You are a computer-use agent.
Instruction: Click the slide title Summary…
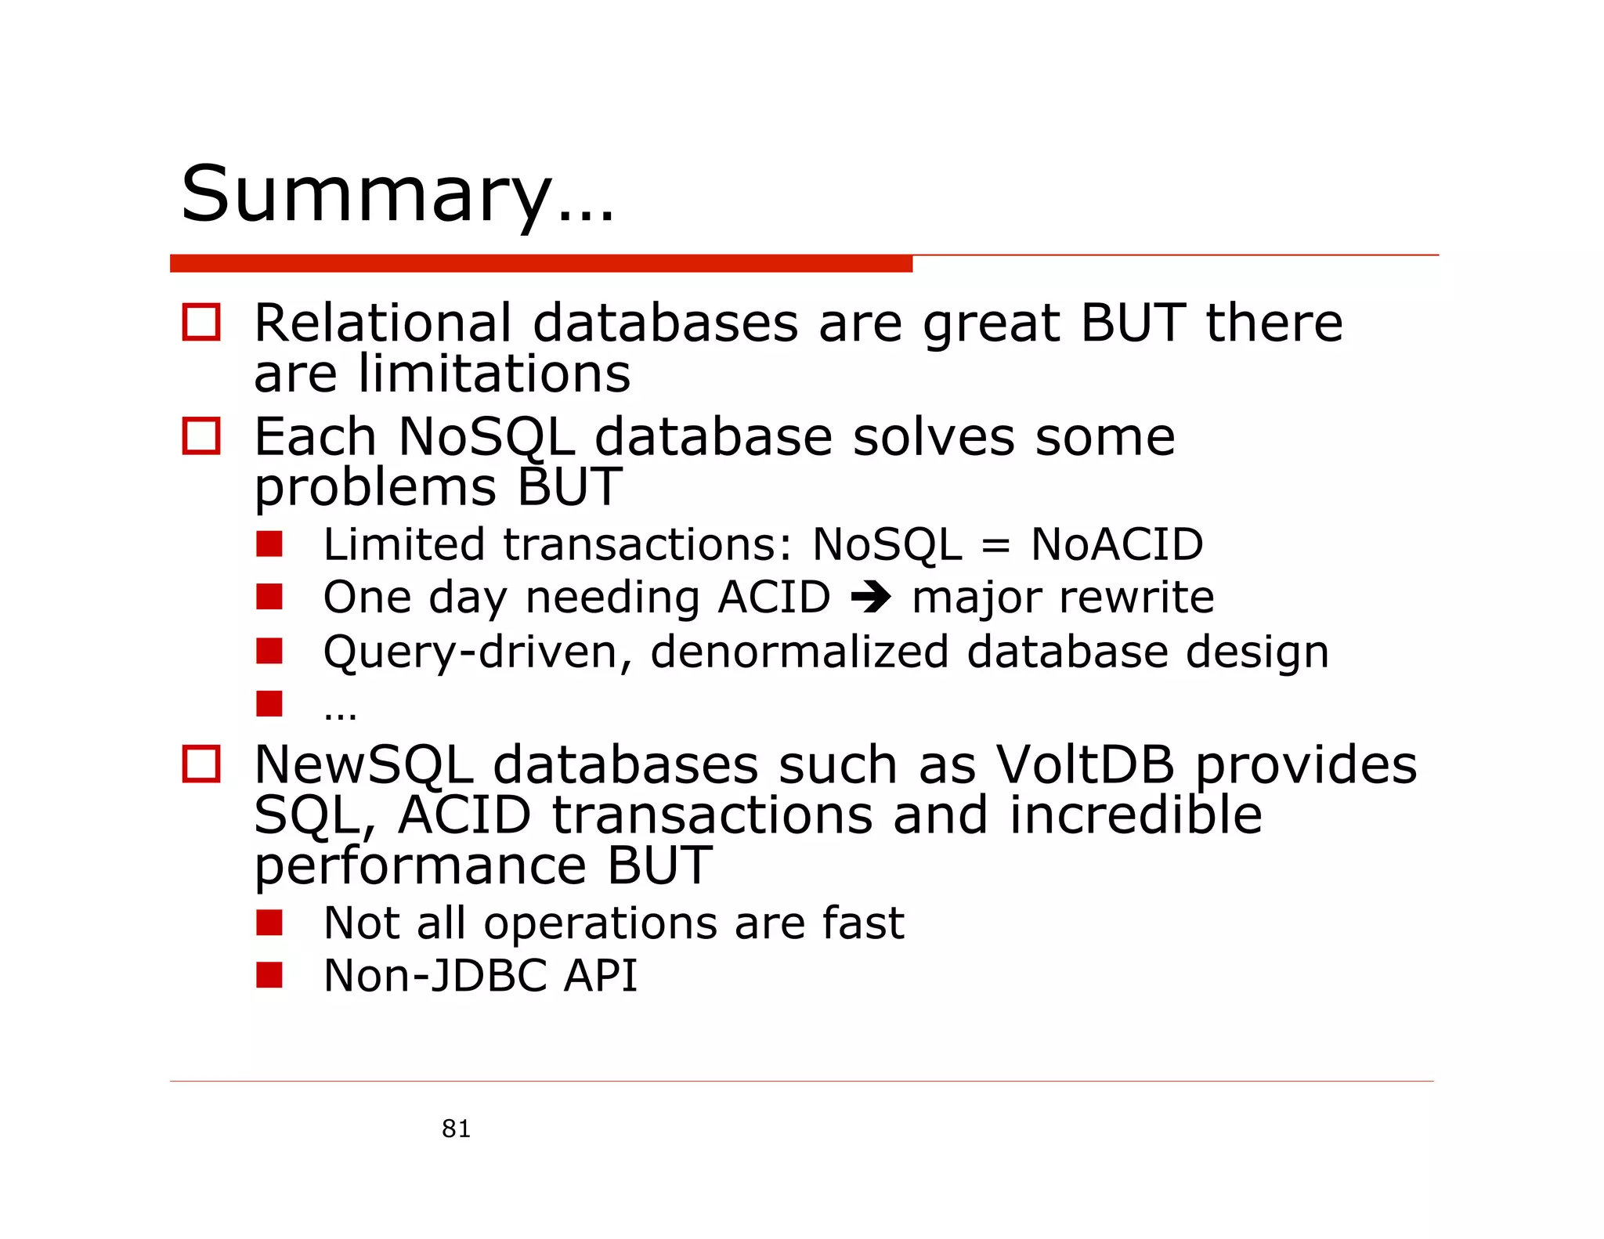click(x=397, y=194)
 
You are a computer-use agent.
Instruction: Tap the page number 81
click(x=456, y=1129)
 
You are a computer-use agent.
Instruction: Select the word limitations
click(x=494, y=374)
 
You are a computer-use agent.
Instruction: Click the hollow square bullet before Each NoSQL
click(x=201, y=435)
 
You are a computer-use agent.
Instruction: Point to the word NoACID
click(x=1117, y=544)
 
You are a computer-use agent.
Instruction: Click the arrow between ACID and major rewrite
click(x=871, y=598)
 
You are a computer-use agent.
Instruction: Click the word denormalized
click(x=799, y=652)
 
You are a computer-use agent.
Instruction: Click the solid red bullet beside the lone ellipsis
click(x=269, y=703)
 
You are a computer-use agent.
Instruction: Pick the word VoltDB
click(x=1085, y=764)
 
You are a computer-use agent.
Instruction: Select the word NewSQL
click(x=364, y=764)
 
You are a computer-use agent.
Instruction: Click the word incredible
click(x=1135, y=815)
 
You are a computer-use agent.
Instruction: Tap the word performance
click(x=421, y=866)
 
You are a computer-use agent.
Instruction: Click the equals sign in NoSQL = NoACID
click(x=995, y=546)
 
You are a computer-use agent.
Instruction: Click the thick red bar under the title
click(x=540, y=264)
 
